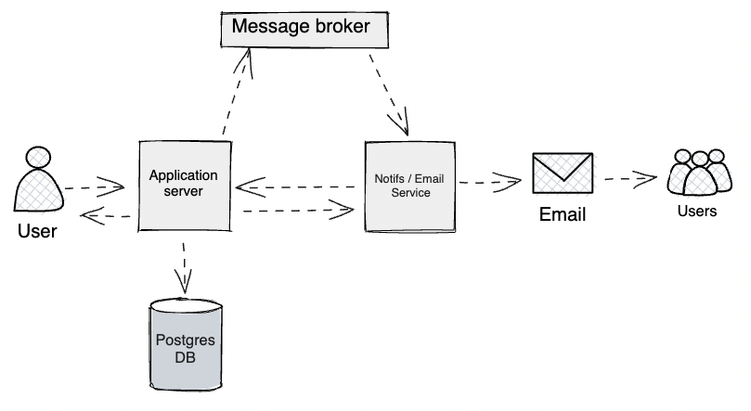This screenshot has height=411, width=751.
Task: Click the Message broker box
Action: pyautogui.click(x=303, y=27)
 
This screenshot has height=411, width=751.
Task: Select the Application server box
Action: pyautogui.click(x=184, y=185)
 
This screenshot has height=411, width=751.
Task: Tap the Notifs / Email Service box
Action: pyautogui.click(x=409, y=186)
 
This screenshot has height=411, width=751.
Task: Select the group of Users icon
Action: pyautogui.click(x=696, y=173)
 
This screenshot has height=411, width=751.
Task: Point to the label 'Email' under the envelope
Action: pyautogui.click(x=563, y=215)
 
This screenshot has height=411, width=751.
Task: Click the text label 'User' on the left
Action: pyautogui.click(x=37, y=231)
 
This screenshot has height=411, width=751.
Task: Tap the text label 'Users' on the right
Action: pyautogui.click(x=696, y=212)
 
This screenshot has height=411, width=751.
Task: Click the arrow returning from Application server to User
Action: pyautogui.click(x=107, y=217)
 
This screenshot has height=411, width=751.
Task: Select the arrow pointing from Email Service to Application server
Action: pyautogui.click(x=297, y=187)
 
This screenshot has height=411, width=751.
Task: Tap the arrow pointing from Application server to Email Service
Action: pyautogui.click(x=297, y=211)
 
